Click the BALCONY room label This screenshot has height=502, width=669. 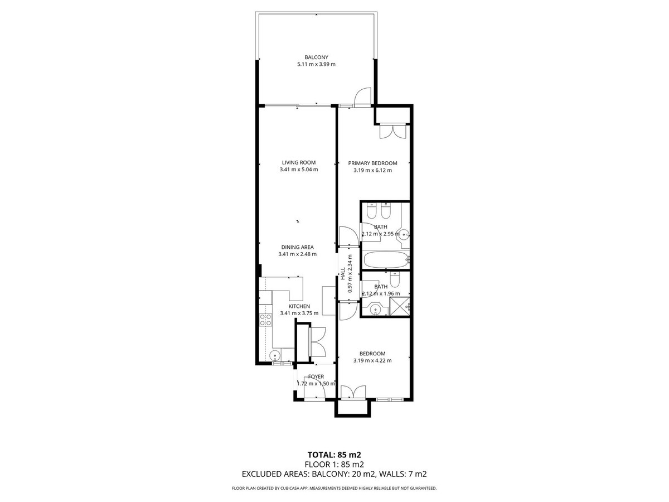pos(316,57)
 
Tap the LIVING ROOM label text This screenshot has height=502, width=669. pos(299,163)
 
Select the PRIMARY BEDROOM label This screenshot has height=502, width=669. pos(372,163)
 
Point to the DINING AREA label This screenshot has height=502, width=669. pos(297,247)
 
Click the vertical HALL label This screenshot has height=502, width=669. pos(343,274)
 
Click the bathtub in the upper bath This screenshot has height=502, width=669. pos(385,260)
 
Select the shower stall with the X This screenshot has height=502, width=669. pos(399,306)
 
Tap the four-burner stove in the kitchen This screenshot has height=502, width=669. pos(264,320)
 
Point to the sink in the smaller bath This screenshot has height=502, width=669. pos(375,308)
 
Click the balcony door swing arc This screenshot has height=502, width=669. pos(363,96)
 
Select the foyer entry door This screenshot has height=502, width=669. pos(316,392)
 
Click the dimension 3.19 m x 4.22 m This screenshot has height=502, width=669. pos(372,360)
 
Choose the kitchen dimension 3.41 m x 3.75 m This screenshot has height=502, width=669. pos(299,313)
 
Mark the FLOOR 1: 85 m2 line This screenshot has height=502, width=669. pos(334,464)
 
